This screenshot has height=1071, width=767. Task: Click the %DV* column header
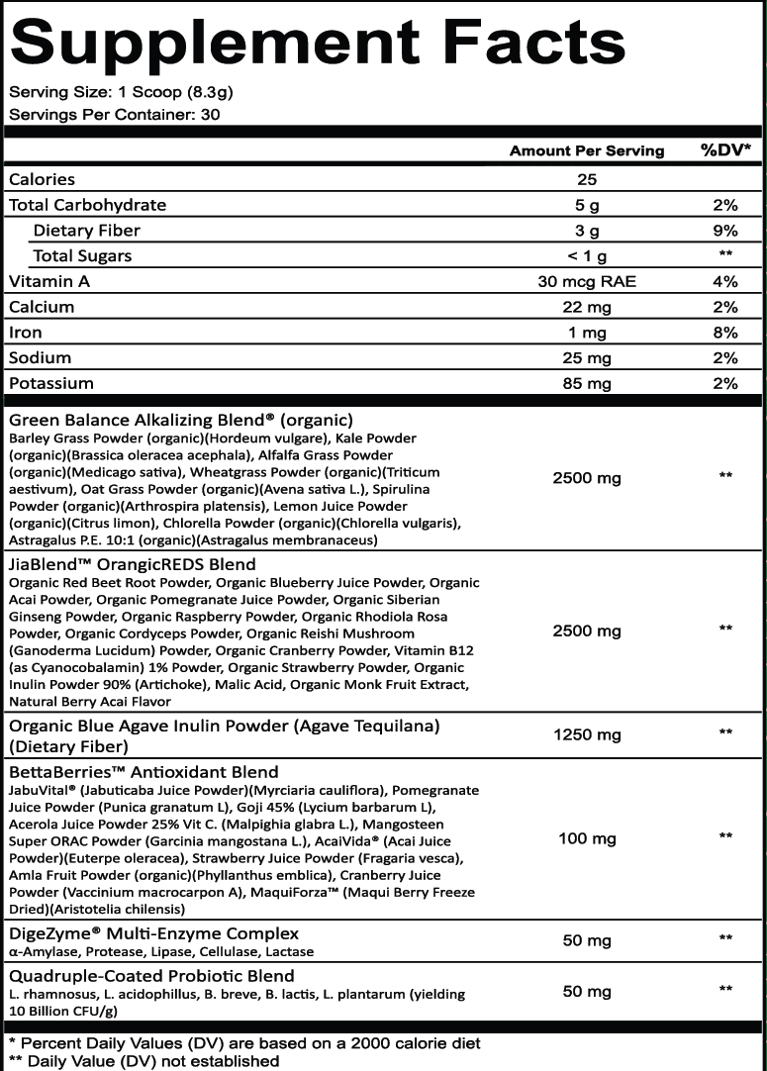pos(725,151)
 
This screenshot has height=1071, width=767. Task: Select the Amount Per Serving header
pos(587,151)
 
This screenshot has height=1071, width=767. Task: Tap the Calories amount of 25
pos(588,179)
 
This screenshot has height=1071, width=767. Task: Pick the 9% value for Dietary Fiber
pos(725,231)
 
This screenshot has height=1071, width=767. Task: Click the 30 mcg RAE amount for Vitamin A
pos(588,281)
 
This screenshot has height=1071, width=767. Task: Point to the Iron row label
pos(27,333)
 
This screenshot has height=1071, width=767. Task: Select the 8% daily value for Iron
pos(725,333)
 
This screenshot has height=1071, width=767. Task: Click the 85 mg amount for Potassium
pos(588,383)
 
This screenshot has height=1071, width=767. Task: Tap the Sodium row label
pos(40,357)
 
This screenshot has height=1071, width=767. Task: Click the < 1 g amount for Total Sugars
pos(588,256)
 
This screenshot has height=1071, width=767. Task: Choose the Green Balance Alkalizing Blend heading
pos(181,419)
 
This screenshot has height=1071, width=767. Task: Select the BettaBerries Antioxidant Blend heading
pos(144,772)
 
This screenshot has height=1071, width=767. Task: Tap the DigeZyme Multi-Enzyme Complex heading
pos(153,933)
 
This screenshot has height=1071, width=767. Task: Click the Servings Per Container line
pos(114,114)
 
